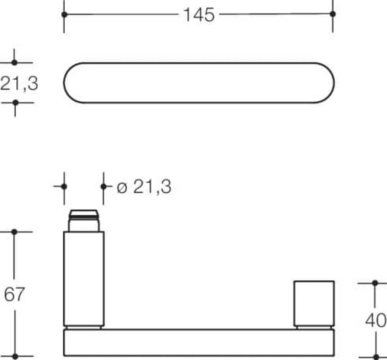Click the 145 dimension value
(x=199, y=15)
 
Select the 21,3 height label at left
(x=19, y=83)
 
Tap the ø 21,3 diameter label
(x=144, y=187)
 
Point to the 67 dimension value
(x=14, y=294)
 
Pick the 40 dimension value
(x=376, y=320)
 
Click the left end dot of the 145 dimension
(x=64, y=14)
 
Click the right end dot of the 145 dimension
(x=333, y=14)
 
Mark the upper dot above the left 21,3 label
(x=14, y=63)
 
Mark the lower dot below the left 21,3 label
(x=15, y=102)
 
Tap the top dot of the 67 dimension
(x=14, y=232)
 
